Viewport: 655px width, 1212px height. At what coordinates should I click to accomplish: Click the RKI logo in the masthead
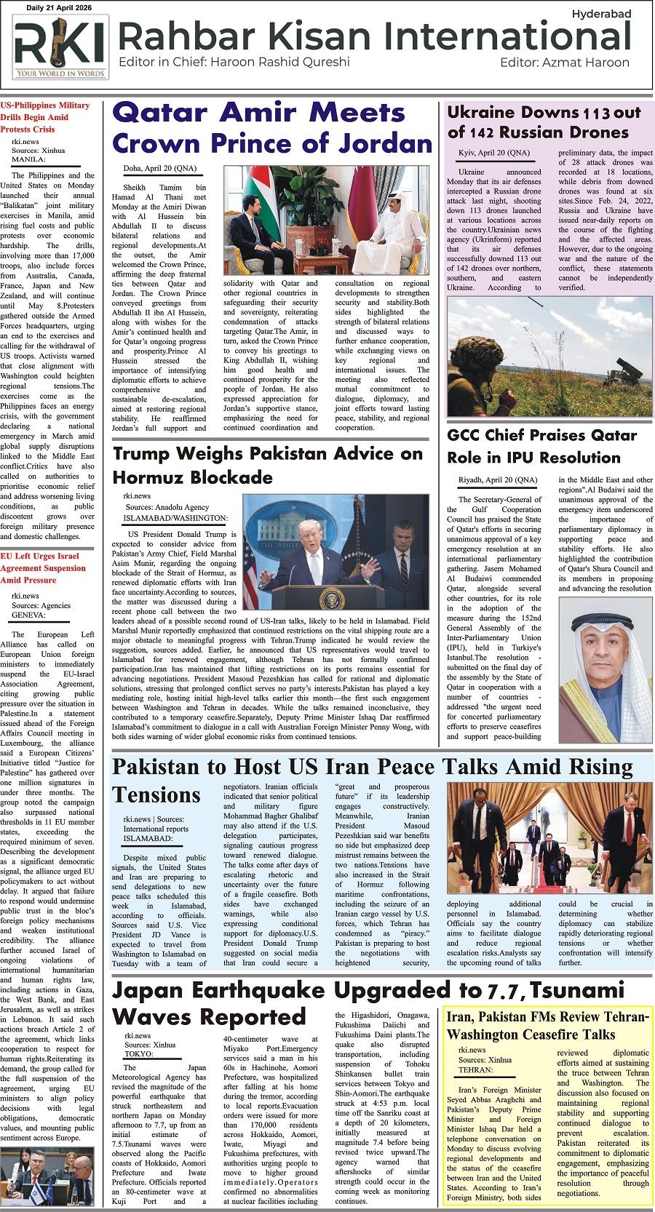click(60, 47)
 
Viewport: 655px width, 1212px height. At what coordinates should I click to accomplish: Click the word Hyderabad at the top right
click(601, 14)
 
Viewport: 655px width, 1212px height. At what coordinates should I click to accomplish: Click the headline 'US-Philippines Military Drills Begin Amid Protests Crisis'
click(45, 117)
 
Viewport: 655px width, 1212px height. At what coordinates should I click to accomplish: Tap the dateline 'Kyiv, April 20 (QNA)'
click(494, 153)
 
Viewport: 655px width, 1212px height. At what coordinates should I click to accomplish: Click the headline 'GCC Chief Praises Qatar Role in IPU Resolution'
click(541, 447)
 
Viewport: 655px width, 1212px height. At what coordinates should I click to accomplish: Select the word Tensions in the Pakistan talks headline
click(156, 795)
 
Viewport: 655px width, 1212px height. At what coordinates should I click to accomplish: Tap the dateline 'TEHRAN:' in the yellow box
click(476, 1070)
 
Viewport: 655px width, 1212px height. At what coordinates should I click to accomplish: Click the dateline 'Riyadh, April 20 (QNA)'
click(498, 480)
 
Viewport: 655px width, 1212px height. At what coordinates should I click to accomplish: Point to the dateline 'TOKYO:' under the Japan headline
click(138, 1053)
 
